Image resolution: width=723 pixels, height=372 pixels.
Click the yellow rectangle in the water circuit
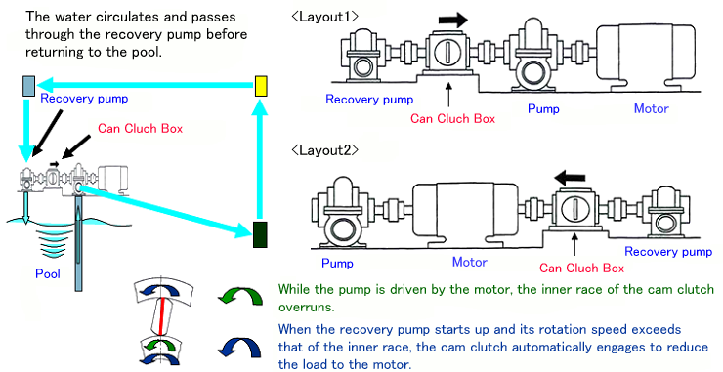261,86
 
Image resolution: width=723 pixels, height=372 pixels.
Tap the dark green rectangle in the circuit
260,234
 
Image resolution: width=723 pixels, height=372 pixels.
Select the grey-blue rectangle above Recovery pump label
29,86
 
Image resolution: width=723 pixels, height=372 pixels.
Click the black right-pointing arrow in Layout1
452,20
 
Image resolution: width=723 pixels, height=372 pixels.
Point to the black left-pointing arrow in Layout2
570,178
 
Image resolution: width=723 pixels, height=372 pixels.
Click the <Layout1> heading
325,17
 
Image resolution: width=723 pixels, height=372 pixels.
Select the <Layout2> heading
325,150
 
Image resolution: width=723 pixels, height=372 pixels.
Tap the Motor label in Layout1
651,108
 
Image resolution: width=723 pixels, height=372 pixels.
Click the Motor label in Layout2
470,262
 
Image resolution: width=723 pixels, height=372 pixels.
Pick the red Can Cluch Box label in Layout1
452,119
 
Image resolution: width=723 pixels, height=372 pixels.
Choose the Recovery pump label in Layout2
668,252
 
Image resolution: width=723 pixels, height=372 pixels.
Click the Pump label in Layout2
337,264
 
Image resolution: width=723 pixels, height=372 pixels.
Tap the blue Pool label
48,273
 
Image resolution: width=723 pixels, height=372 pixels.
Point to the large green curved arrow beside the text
240,297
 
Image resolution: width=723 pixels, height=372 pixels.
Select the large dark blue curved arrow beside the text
240,348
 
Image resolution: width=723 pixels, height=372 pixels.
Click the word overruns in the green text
307,307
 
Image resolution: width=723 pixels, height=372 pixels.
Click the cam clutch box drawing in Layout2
575,210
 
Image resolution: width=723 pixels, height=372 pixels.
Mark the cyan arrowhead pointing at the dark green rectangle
243,229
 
